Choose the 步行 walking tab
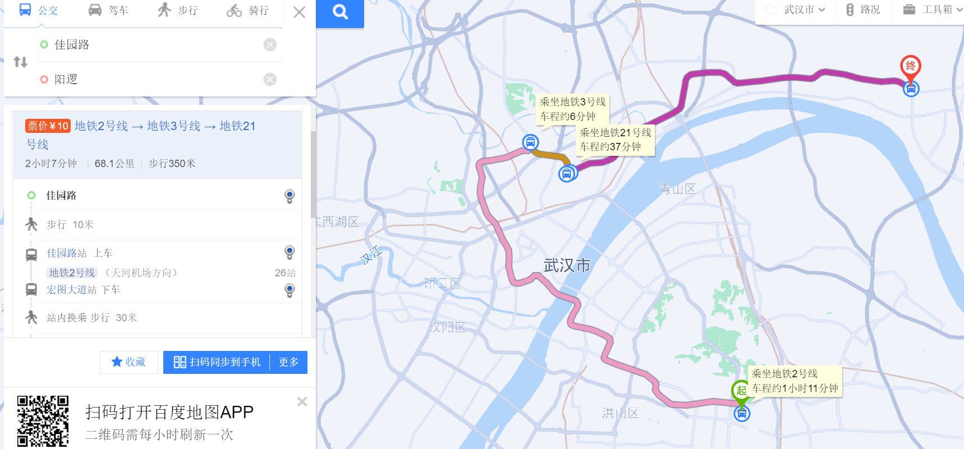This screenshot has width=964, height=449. click(x=178, y=10)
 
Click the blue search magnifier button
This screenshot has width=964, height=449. click(x=340, y=12)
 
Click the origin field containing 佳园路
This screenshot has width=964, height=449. click(x=152, y=44)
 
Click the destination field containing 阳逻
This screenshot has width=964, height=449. click(x=152, y=79)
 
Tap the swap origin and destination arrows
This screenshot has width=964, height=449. click(x=20, y=62)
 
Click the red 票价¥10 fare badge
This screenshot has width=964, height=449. click(x=47, y=126)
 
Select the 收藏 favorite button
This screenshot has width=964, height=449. click(x=128, y=362)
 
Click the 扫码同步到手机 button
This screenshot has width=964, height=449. click(x=217, y=362)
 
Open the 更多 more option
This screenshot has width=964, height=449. click(x=288, y=362)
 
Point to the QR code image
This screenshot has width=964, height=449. click(x=43, y=420)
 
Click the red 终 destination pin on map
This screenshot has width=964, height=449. click(x=910, y=67)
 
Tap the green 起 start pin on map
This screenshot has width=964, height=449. click(x=741, y=390)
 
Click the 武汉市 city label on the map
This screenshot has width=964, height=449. click(x=567, y=265)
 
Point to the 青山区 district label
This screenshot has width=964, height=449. click(x=677, y=189)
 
